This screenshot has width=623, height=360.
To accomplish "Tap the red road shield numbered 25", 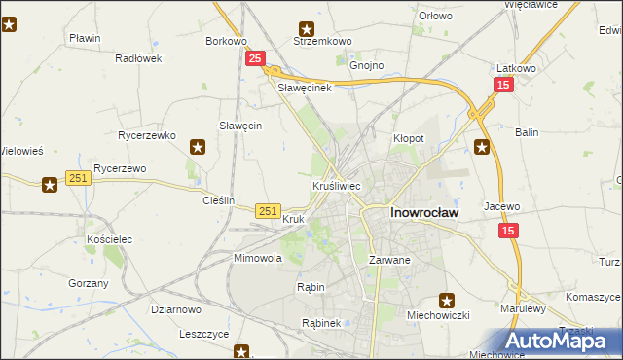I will coord(254,59).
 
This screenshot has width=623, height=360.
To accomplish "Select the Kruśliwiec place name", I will coord(337,184).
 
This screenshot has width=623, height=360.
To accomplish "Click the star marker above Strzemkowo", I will coord(308,28).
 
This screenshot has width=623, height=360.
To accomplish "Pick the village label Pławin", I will coord(86,38).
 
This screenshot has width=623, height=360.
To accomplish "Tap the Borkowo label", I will coord(226,41).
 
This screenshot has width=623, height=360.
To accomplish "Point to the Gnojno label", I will coord(367,66).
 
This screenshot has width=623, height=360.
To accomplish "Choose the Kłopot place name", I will coord(409,138).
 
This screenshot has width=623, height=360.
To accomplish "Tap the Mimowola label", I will coord(257,259).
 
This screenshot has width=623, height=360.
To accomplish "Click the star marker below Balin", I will coord(481,147).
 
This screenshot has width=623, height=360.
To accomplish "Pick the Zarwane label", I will coord(389,261).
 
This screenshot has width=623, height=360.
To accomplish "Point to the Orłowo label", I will coord(435,16).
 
